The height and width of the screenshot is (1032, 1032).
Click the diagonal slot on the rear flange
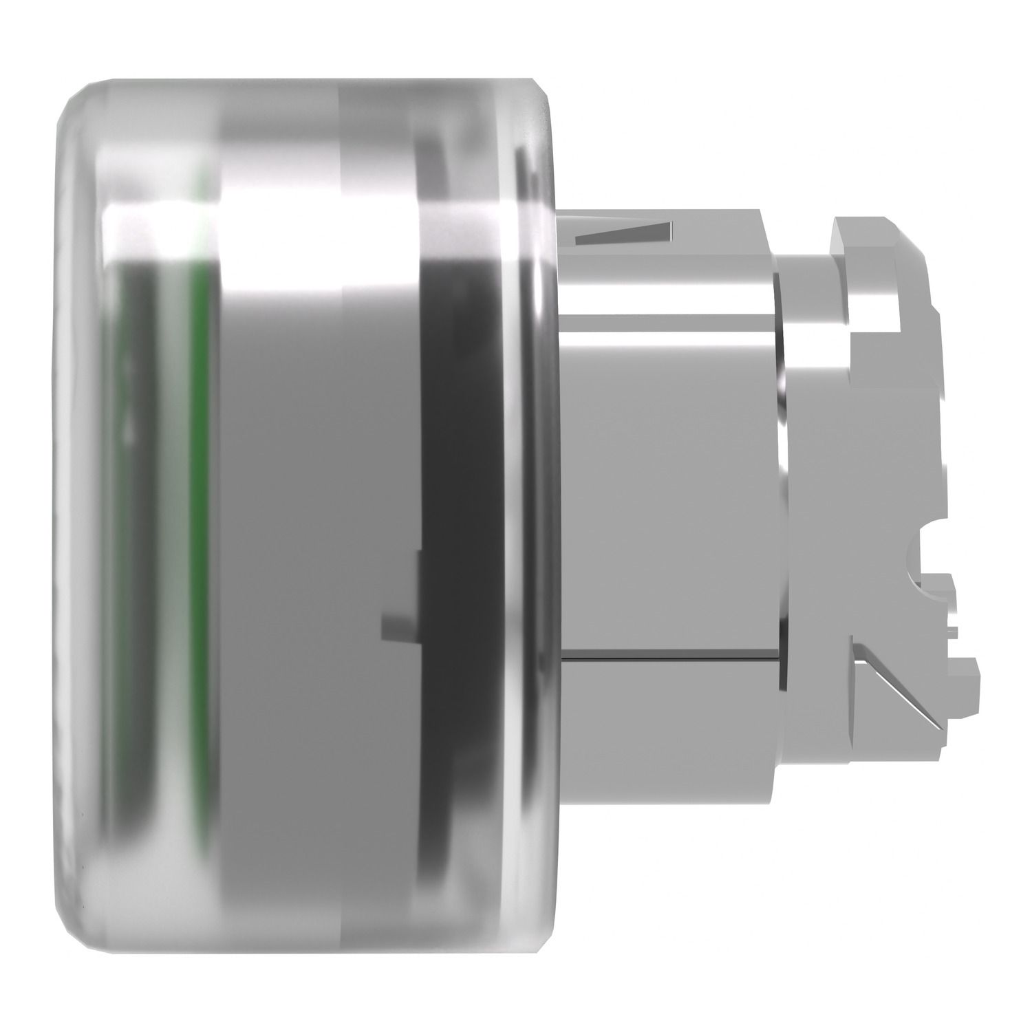tap(894, 688)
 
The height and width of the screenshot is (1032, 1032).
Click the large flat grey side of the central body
tap(667, 482)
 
